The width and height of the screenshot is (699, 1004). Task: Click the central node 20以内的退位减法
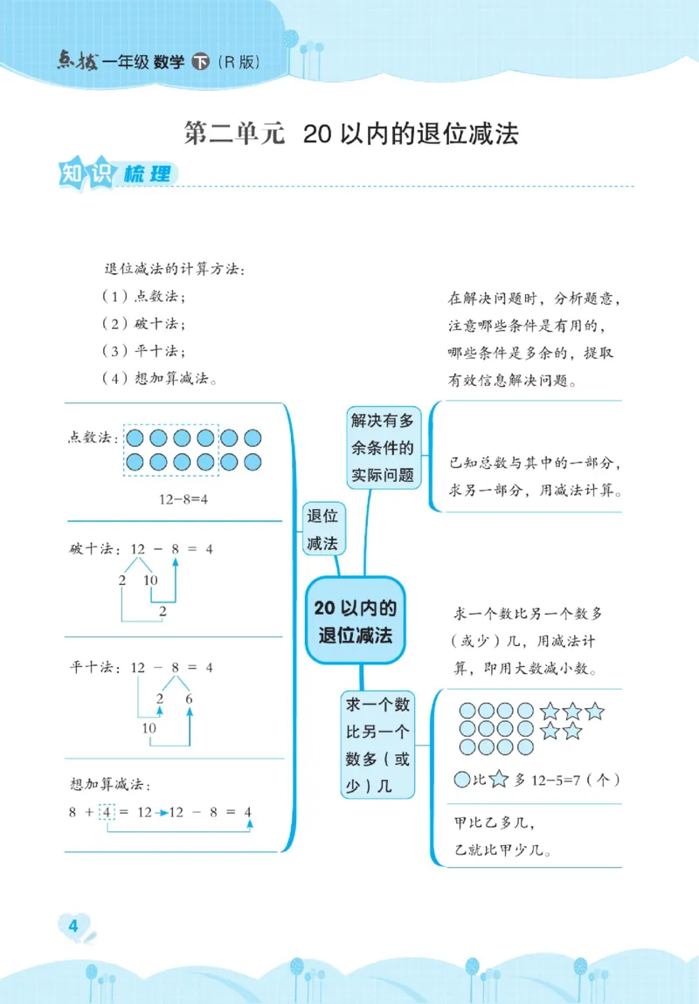[355, 621]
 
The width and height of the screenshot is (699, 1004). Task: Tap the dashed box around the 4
[107, 812]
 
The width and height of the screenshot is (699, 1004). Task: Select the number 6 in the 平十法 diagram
[189, 698]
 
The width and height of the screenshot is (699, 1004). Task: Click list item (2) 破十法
[143, 323]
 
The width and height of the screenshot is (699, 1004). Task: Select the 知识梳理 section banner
[113, 174]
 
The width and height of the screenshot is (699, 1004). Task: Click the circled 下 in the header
[200, 62]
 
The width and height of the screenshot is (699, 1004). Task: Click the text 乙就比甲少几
[505, 848]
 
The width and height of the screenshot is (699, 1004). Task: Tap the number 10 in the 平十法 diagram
[149, 728]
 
